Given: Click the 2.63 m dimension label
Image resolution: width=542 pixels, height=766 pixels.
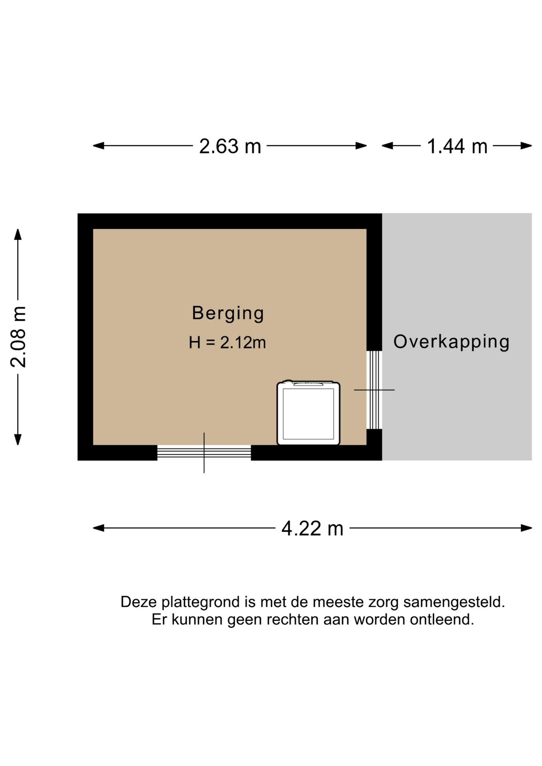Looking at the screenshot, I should [230, 146].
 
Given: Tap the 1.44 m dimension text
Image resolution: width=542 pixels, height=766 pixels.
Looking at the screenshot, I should [457, 146].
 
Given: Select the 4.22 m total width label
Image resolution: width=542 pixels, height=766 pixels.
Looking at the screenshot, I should [312, 529].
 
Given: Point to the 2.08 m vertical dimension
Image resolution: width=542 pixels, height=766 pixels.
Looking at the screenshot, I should [18, 337].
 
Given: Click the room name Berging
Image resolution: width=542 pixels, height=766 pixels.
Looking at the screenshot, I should [228, 313].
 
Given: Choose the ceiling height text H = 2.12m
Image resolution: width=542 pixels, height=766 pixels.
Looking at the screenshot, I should [227, 343].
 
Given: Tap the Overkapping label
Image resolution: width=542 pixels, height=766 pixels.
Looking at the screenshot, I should [451, 342].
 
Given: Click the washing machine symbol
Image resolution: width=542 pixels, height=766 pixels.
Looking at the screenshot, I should [309, 413].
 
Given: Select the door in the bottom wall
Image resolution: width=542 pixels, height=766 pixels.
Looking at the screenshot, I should [204, 452].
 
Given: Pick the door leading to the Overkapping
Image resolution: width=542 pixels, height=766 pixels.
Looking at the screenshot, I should [374, 390].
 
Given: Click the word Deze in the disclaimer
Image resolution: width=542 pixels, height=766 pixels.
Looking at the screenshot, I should [135, 602].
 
